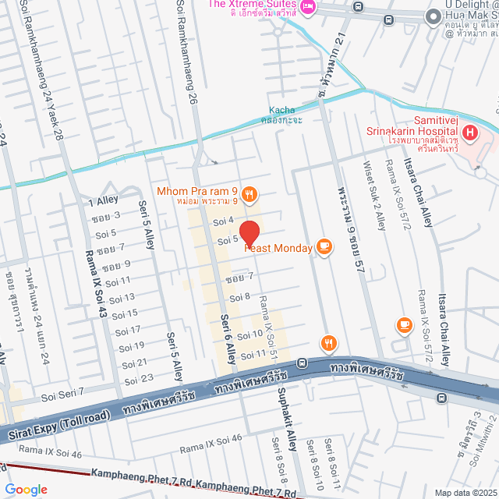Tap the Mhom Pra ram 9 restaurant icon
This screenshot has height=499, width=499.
249,193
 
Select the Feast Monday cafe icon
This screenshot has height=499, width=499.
324,248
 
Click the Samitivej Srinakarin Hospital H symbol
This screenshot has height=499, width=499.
469,133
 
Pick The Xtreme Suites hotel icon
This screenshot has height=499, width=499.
308,7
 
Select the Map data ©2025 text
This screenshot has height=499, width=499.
465,493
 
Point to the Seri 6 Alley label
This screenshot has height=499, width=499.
227,338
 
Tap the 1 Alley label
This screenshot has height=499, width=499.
103,200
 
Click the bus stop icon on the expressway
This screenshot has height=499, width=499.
442,397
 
